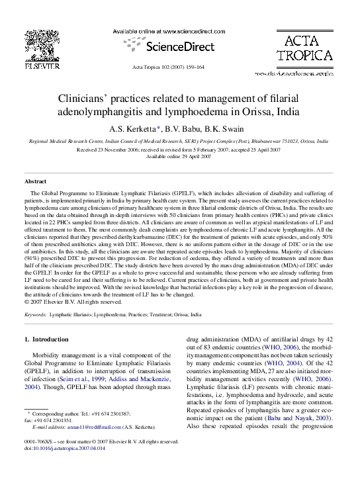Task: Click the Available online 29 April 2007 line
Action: pyautogui.click(x=179, y=156)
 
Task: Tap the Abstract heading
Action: pyautogui.click(x=35, y=181)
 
